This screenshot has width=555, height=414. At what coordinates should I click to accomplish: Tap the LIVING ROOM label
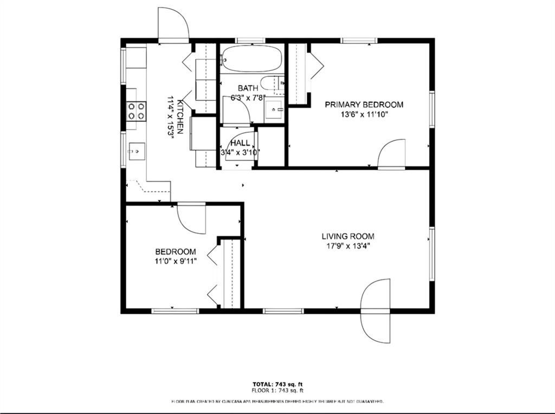click(x=348, y=236)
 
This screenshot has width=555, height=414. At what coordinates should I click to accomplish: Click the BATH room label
click(x=248, y=88)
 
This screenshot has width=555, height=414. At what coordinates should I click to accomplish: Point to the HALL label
click(x=240, y=143)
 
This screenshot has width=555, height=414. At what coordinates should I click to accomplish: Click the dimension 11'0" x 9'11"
click(x=176, y=261)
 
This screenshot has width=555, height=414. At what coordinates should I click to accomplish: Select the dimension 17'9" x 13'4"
click(x=348, y=245)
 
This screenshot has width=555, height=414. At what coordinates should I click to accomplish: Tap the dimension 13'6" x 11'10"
click(x=364, y=114)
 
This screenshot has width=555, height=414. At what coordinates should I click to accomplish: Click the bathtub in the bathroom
click(x=251, y=59)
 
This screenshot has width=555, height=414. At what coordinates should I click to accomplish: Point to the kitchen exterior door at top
click(x=173, y=25)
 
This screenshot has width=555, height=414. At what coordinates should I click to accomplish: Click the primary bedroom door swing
click(x=391, y=154)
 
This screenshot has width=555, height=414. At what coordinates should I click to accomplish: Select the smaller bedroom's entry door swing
click(x=192, y=218)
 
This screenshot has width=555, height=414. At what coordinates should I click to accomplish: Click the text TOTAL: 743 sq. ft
click(x=277, y=384)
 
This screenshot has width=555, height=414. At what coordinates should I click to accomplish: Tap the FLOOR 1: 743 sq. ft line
click(x=277, y=390)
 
